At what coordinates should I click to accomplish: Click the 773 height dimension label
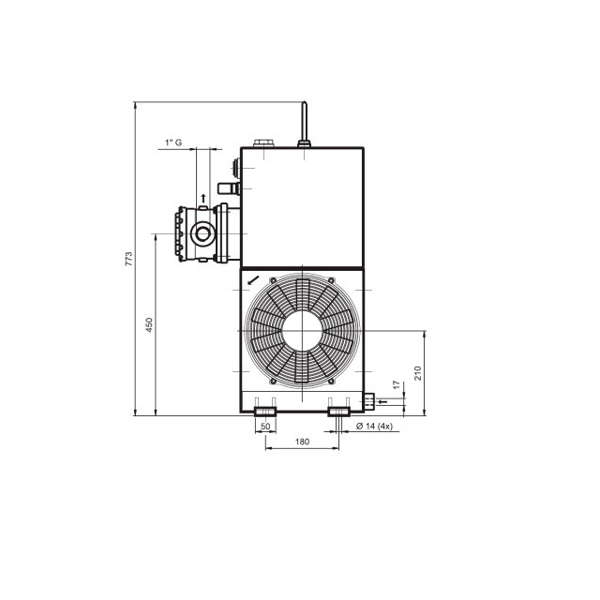[x=128, y=259]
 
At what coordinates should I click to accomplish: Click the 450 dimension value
[x=149, y=324]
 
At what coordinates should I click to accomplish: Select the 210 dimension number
[x=417, y=373]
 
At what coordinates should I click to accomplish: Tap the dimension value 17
[x=397, y=384]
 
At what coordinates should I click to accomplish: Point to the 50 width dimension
[x=265, y=427]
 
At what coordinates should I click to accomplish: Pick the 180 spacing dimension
[x=302, y=442]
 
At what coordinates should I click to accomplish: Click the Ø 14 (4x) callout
[x=374, y=426]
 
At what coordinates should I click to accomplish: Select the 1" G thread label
[x=173, y=142]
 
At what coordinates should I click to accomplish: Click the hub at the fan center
[x=302, y=330]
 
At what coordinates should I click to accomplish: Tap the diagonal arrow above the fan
[x=253, y=280]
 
